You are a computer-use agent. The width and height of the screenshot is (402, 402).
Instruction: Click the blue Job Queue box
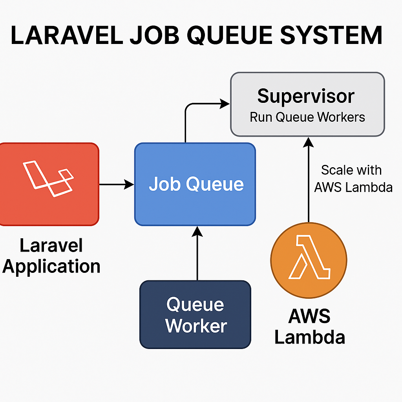pos(195,204)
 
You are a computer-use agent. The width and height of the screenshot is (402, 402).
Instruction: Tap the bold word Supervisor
pos(306,96)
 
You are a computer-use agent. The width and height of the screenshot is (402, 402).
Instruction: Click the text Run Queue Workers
pos(307,117)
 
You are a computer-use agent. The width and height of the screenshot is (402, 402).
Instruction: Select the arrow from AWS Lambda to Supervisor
pos(309,181)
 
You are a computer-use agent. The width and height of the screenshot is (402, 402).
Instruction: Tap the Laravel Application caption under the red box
pos(51,256)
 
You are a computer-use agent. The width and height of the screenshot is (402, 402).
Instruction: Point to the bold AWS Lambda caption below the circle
pos(309,327)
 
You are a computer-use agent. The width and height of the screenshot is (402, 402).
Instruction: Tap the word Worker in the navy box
pos(196,325)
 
